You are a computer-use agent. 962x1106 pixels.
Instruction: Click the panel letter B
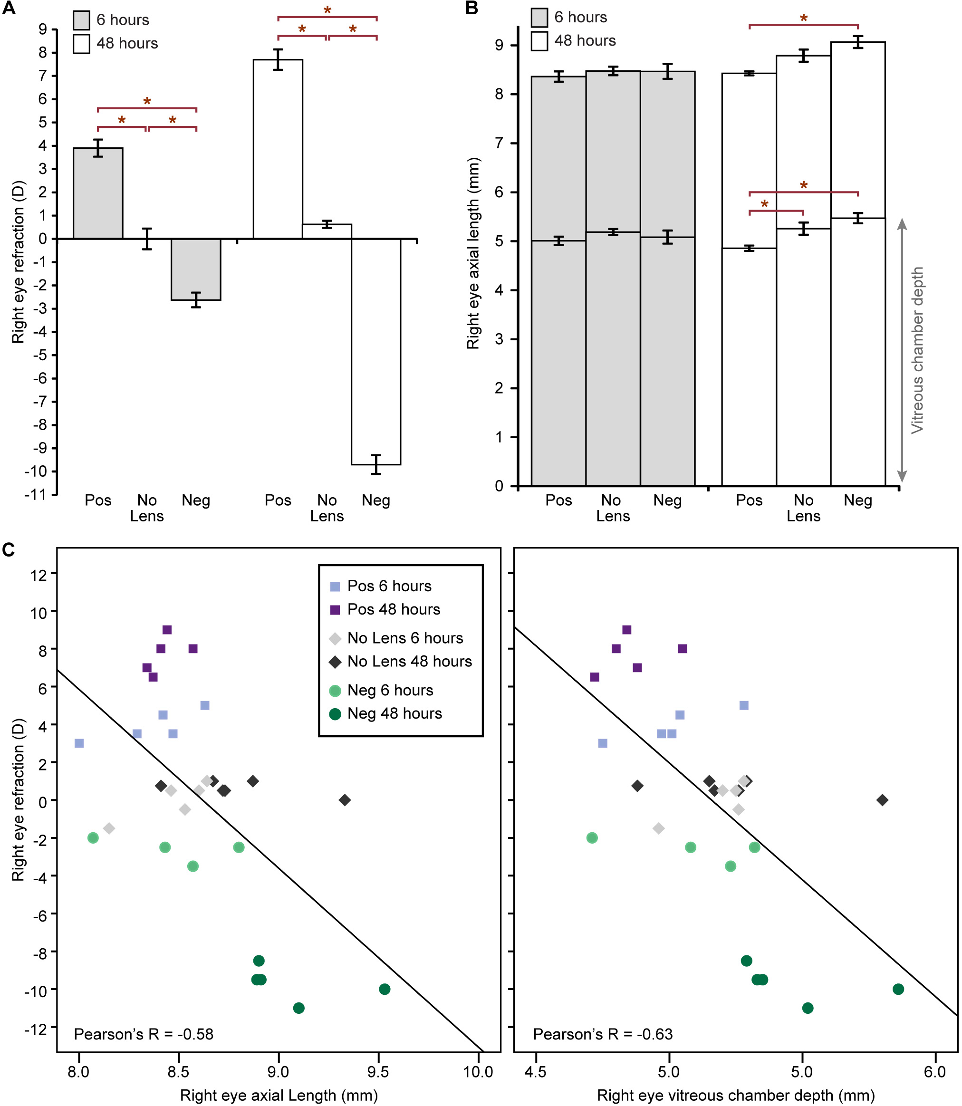tap(471, 8)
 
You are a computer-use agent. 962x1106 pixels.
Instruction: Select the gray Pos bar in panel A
tap(98, 193)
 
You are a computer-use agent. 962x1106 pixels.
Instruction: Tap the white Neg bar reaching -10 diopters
tap(376, 352)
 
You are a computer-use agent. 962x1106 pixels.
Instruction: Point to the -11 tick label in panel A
tap(36, 494)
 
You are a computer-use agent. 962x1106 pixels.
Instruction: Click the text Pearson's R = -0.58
tap(144, 1034)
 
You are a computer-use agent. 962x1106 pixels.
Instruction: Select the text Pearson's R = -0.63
tap(602, 1034)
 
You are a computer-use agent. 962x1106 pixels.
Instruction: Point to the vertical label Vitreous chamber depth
tap(917, 350)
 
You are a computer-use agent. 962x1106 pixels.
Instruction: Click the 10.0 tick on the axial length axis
tap(478, 1072)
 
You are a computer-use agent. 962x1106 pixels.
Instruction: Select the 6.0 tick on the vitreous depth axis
tap(934, 1072)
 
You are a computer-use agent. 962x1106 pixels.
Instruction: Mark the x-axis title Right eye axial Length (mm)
tap(279, 1095)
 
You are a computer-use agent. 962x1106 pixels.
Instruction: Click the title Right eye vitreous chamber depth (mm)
tap(735, 1095)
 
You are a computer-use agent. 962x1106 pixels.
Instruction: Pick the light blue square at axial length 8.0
tap(79, 743)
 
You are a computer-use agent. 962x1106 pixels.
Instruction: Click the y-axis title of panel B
tap(473, 253)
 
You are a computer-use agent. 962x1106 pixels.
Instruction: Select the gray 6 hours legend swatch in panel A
tap(82, 20)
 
